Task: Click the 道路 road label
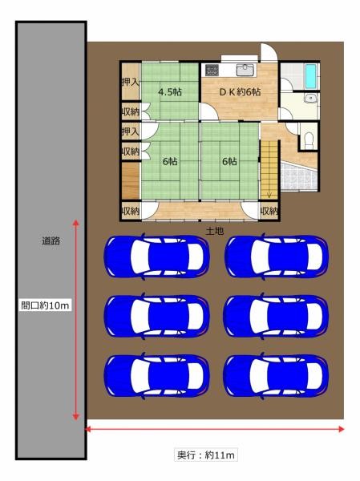[x=51, y=240]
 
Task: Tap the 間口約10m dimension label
[x=45, y=305]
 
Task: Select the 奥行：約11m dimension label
[x=205, y=455]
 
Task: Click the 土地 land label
[x=215, y=231]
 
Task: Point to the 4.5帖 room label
[x=170, y=91]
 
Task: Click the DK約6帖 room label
[x=240, y=91]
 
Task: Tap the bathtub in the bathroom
[x=312, y=75]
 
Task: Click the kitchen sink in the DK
[x=245, y=71]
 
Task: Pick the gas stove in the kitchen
[x=212, y=70]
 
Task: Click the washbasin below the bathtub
[x=310, y=98]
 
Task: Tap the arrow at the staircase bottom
[x=269, y=194]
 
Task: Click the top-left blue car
[x=156, y=257]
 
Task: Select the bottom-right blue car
[x=276, y=376]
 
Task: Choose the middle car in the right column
[x=276, y=317]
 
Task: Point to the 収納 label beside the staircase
[x=269, y=211]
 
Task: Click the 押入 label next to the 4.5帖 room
[x=131, y=82]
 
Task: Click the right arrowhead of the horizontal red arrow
[x=341, y=429]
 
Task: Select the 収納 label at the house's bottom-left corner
[x=131, y=211]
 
